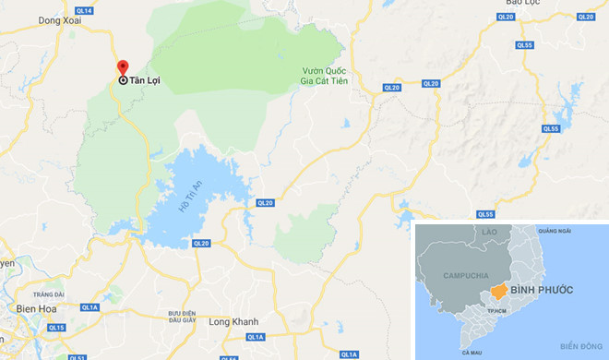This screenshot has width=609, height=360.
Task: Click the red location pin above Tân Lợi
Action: (x=122, y=67)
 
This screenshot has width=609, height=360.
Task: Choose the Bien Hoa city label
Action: (x=36, y=309)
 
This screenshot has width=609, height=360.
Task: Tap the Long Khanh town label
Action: (x=233, y=322)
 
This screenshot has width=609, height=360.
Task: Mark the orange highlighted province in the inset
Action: (x=498, y=292)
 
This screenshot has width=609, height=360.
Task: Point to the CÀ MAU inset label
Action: (x=472, y=353)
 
